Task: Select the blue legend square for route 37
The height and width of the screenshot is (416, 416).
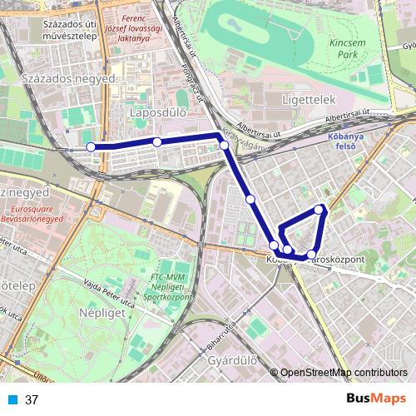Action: (x=12, y=399)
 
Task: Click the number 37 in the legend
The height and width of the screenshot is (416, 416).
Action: (x=32, y=399)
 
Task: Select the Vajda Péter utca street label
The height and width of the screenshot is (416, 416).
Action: (x=105, y=287)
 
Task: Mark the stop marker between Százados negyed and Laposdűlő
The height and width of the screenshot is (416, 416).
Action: (x=157, y=142)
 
